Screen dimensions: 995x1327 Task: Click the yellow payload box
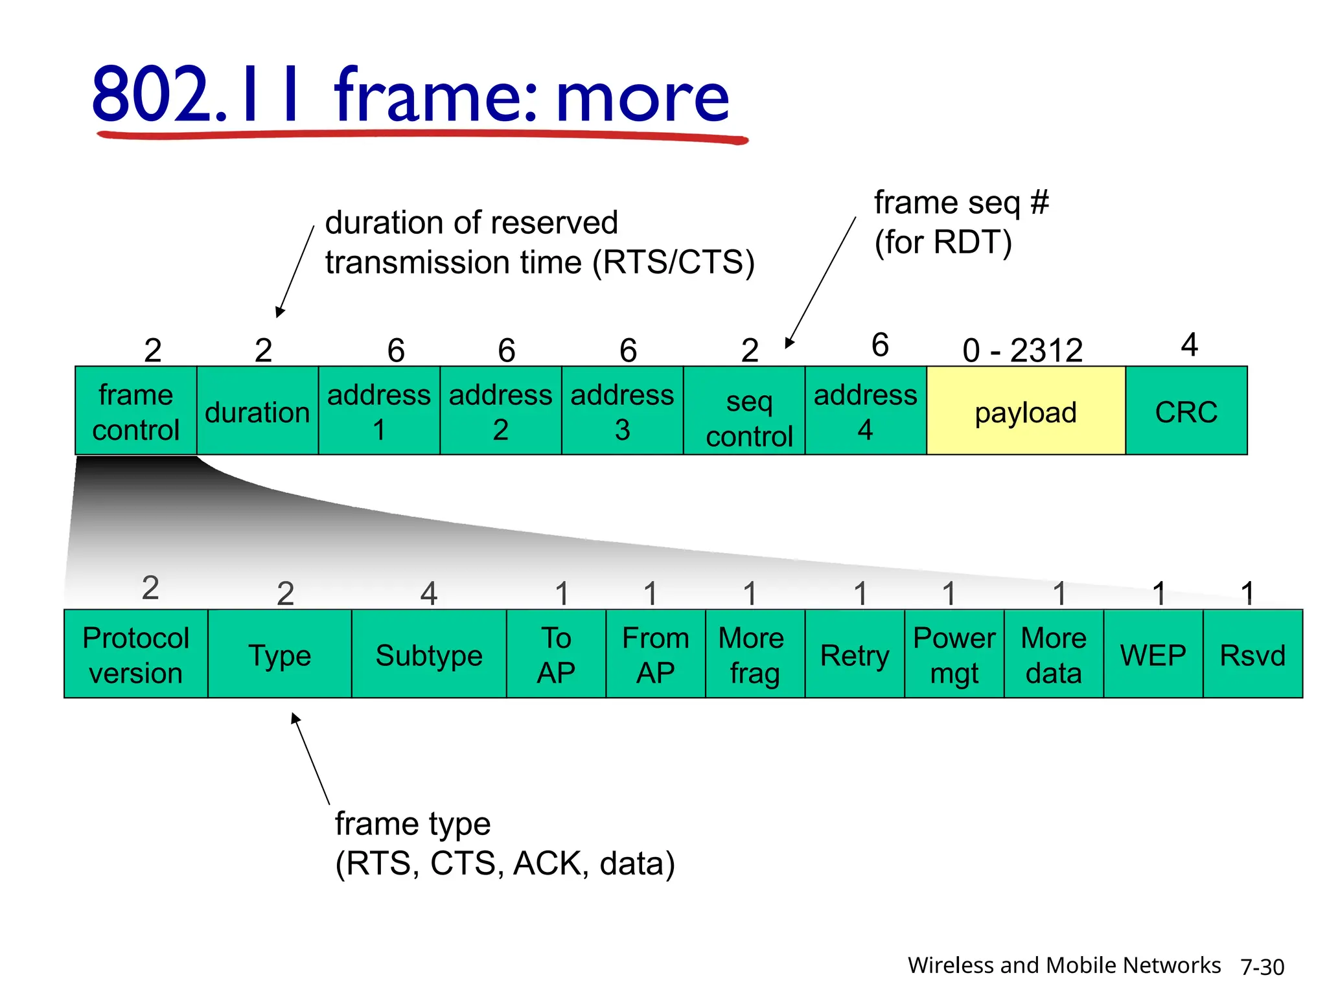(x=1025, y=411)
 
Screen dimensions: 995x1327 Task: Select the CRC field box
(x=1186, y=411)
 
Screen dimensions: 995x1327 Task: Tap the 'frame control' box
(x=135, y=411)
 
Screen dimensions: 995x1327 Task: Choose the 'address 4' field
(x=865, y=411)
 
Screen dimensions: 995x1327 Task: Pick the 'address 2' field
(x=500, y=411)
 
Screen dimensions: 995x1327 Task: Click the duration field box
(x=257, y=411)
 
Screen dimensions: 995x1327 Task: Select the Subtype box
(x=428, y=654)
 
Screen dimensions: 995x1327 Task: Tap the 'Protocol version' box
(x=135, y=654)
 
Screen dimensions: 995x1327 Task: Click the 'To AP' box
(x=556, y=654)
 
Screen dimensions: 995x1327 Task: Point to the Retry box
(x=854, y=654)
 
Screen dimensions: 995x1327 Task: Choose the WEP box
(x=1153, y=654)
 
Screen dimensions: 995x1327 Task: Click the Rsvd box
(x=1252, y=654)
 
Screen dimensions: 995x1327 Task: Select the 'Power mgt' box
(x=954, y=654)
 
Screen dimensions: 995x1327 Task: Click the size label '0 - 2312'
(x=1022, y=350)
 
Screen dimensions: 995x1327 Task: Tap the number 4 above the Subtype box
(x=428, y=593)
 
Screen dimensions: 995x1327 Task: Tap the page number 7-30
(x=1262, y=966)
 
